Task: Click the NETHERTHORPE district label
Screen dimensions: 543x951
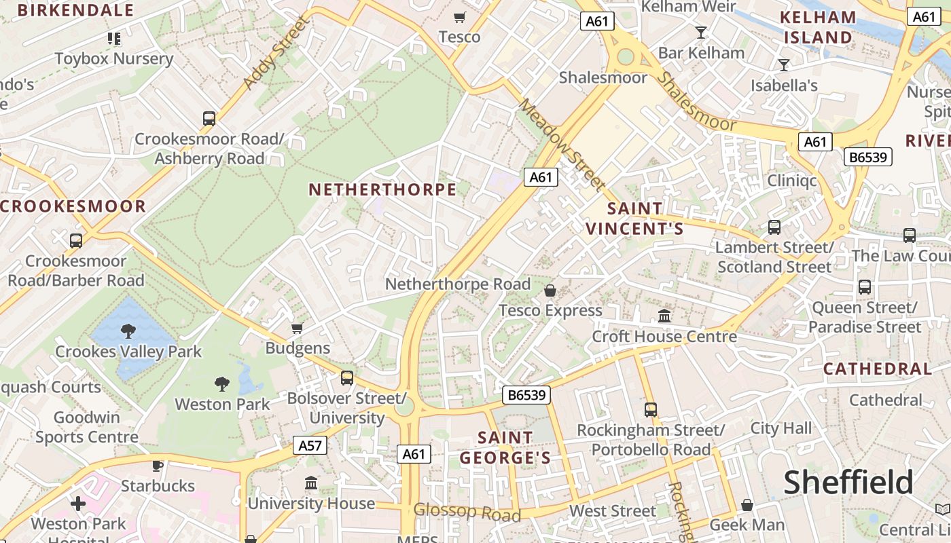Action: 382,189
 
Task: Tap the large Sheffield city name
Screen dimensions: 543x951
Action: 848,483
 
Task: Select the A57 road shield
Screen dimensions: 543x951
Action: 310,445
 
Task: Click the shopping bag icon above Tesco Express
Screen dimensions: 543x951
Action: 550,291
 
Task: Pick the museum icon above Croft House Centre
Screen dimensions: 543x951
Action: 664,316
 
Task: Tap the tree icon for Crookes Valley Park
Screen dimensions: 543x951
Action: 128,331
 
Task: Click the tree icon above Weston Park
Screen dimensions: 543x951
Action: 221,384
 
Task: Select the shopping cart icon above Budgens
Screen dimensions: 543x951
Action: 297,329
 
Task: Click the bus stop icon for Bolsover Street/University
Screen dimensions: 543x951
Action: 347,377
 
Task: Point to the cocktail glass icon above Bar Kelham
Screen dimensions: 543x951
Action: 701,32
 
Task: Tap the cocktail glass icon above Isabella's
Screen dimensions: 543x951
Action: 784,65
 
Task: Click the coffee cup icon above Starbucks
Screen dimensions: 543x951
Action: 158,466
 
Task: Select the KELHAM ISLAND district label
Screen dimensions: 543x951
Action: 818,27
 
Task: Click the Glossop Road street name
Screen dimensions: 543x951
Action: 467,512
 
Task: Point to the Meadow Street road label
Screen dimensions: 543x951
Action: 562,145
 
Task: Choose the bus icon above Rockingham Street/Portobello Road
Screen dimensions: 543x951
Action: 651,409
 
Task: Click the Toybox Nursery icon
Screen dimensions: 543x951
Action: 113,39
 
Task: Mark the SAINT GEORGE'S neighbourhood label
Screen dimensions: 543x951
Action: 505,448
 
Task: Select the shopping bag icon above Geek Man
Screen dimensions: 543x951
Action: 747,505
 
